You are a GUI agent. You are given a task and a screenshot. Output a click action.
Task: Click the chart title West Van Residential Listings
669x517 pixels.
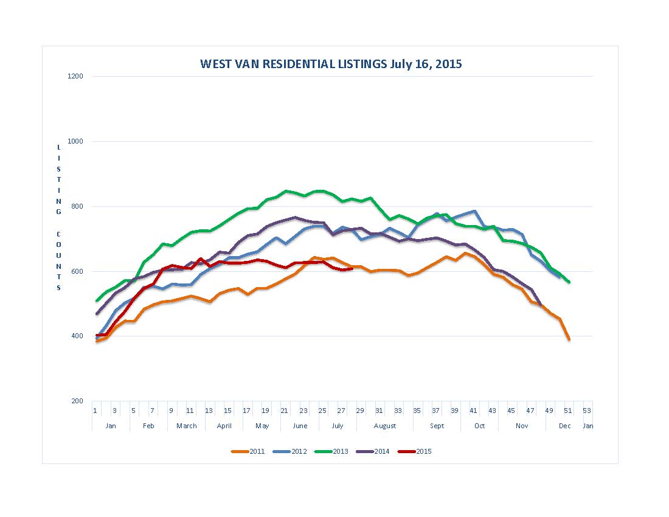pos(331,64)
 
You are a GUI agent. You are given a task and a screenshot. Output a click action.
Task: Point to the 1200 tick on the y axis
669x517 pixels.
pos(77,77)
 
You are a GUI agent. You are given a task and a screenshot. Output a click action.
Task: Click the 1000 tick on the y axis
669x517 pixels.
pos(77,142)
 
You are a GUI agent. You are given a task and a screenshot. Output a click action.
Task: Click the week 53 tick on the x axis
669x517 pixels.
pos(586,411)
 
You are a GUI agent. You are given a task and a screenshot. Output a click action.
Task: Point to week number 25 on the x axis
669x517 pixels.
pos(322,411)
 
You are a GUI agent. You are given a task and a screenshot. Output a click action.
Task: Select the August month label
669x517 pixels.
pos(385,426)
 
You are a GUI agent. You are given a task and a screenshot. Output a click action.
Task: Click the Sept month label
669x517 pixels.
pos(437,426)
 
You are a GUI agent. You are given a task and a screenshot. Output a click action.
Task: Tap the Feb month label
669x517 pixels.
pos(148,426)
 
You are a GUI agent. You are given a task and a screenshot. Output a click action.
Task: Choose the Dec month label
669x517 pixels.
pos(565,426)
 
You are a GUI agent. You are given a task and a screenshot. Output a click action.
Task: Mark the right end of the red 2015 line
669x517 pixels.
pos(352,268)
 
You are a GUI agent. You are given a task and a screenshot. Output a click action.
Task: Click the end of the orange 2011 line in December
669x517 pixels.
pos(569,339)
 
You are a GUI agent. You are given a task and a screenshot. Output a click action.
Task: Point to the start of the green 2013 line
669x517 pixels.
pos(97,300)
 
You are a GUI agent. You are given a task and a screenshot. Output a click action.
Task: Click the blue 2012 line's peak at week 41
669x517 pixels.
pos(474,211)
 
